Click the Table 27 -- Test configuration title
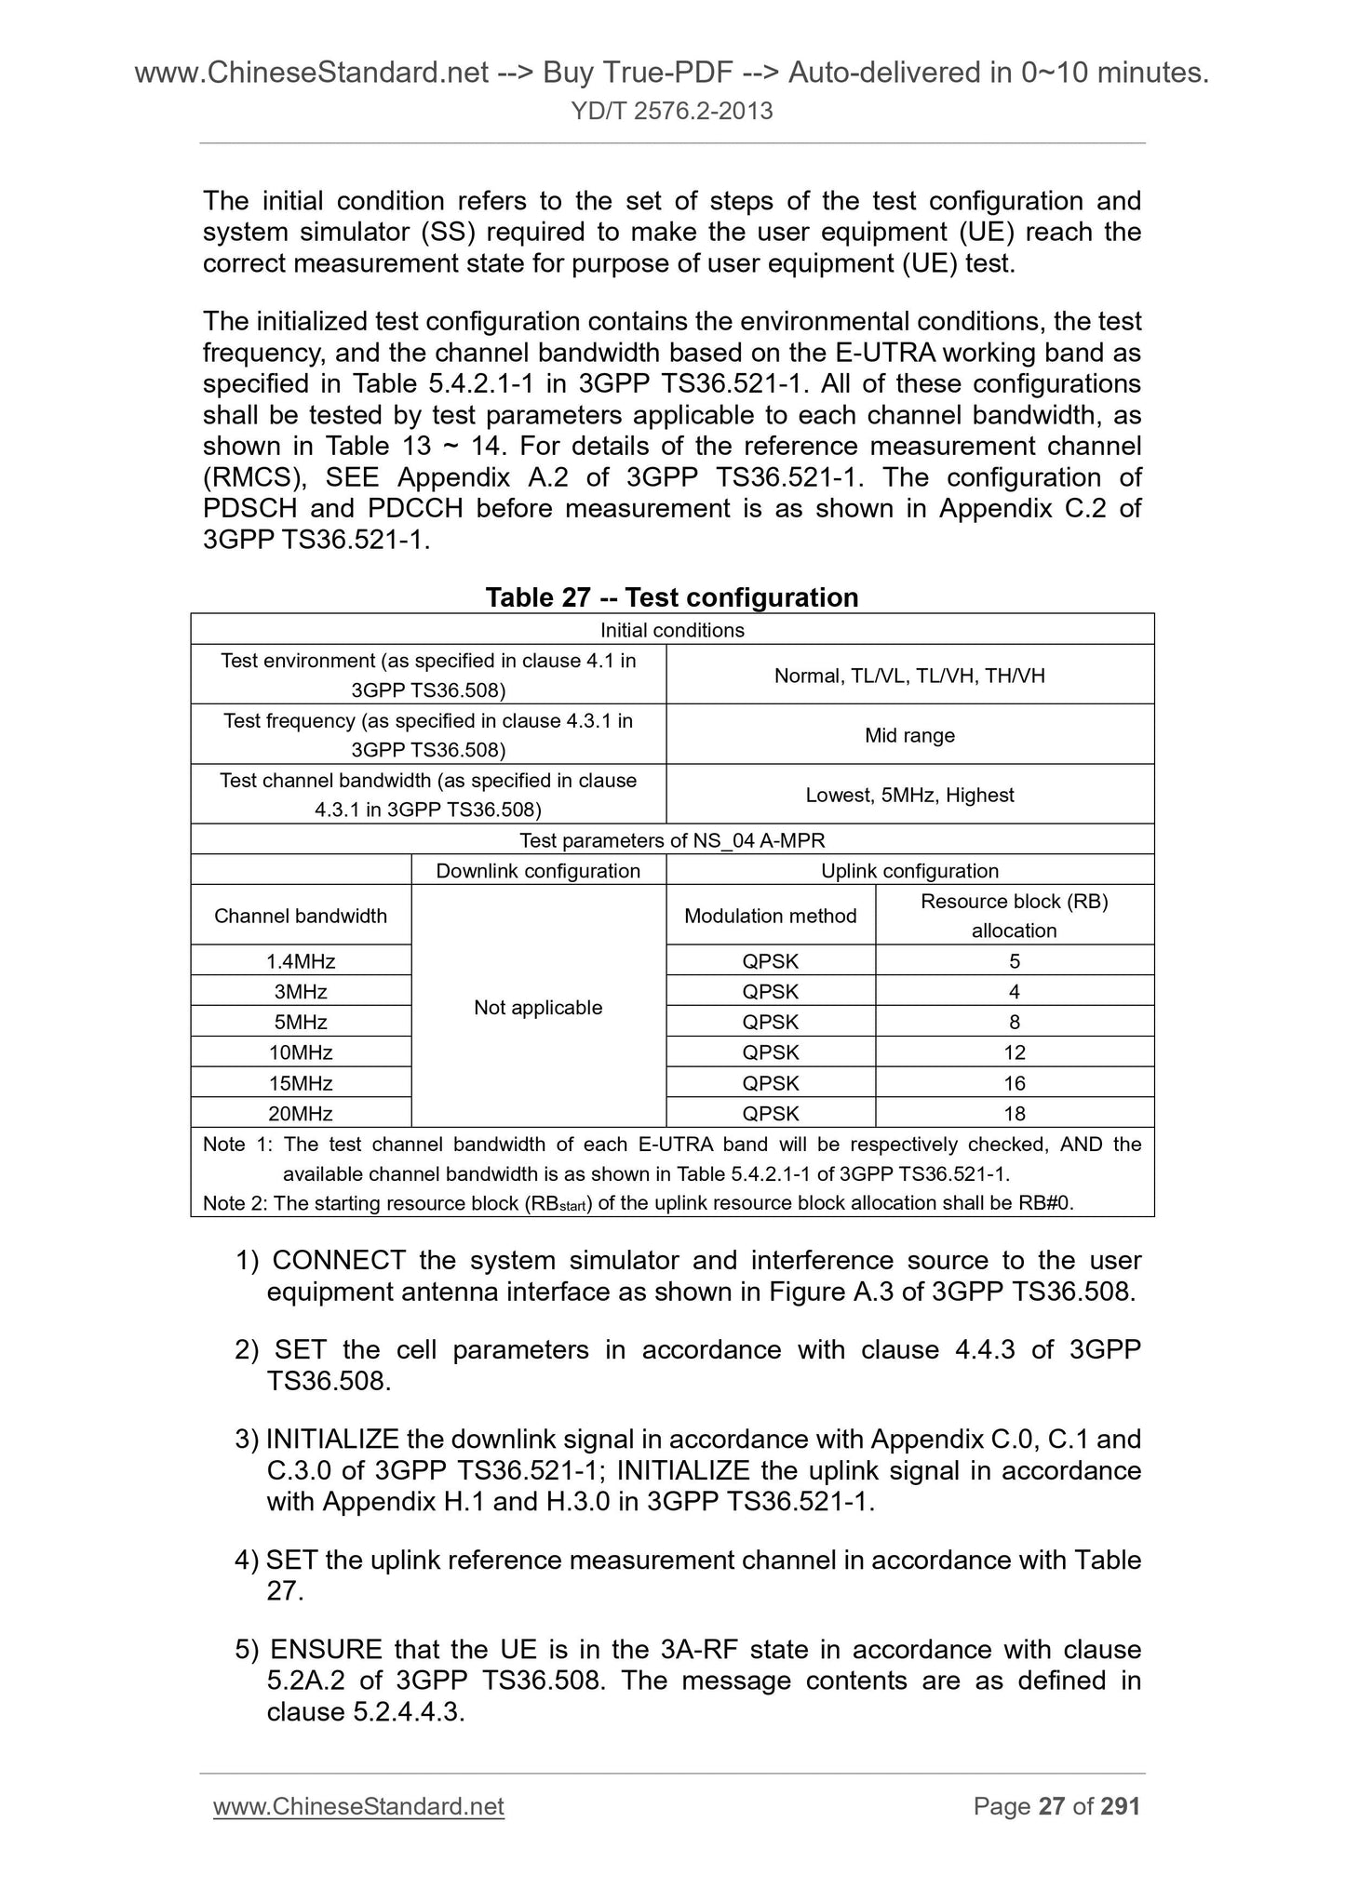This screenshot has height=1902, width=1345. click(672, 596)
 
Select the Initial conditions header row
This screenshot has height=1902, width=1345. click(672, 630)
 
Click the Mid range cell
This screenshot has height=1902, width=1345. click(909, 735)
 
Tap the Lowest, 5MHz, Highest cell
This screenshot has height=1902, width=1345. click(909, 795)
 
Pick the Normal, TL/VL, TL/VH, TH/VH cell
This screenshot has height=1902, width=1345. click(909, 676)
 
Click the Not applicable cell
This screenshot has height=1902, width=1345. click(538, 1007)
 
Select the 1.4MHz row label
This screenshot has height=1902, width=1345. click(300, 960)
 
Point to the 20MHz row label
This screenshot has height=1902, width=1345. click(300, 1113)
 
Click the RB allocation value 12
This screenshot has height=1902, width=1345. click(1014, 1052)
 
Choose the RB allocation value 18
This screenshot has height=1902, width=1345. click(1014, 1113)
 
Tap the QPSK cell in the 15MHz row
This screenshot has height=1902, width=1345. click(770, 1083)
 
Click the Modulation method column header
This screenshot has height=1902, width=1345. click(770, 916)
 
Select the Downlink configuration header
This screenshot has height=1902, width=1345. click(538, 871)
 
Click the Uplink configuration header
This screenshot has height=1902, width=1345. click(909, 871)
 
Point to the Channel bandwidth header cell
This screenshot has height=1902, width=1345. click(300, 916)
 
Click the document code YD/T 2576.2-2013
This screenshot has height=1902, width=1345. click(672, 112)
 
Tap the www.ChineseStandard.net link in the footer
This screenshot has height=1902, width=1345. click(358, 1806)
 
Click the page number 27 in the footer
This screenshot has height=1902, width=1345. click(1051, 1806)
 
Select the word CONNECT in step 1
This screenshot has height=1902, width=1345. click(338, 1260)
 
